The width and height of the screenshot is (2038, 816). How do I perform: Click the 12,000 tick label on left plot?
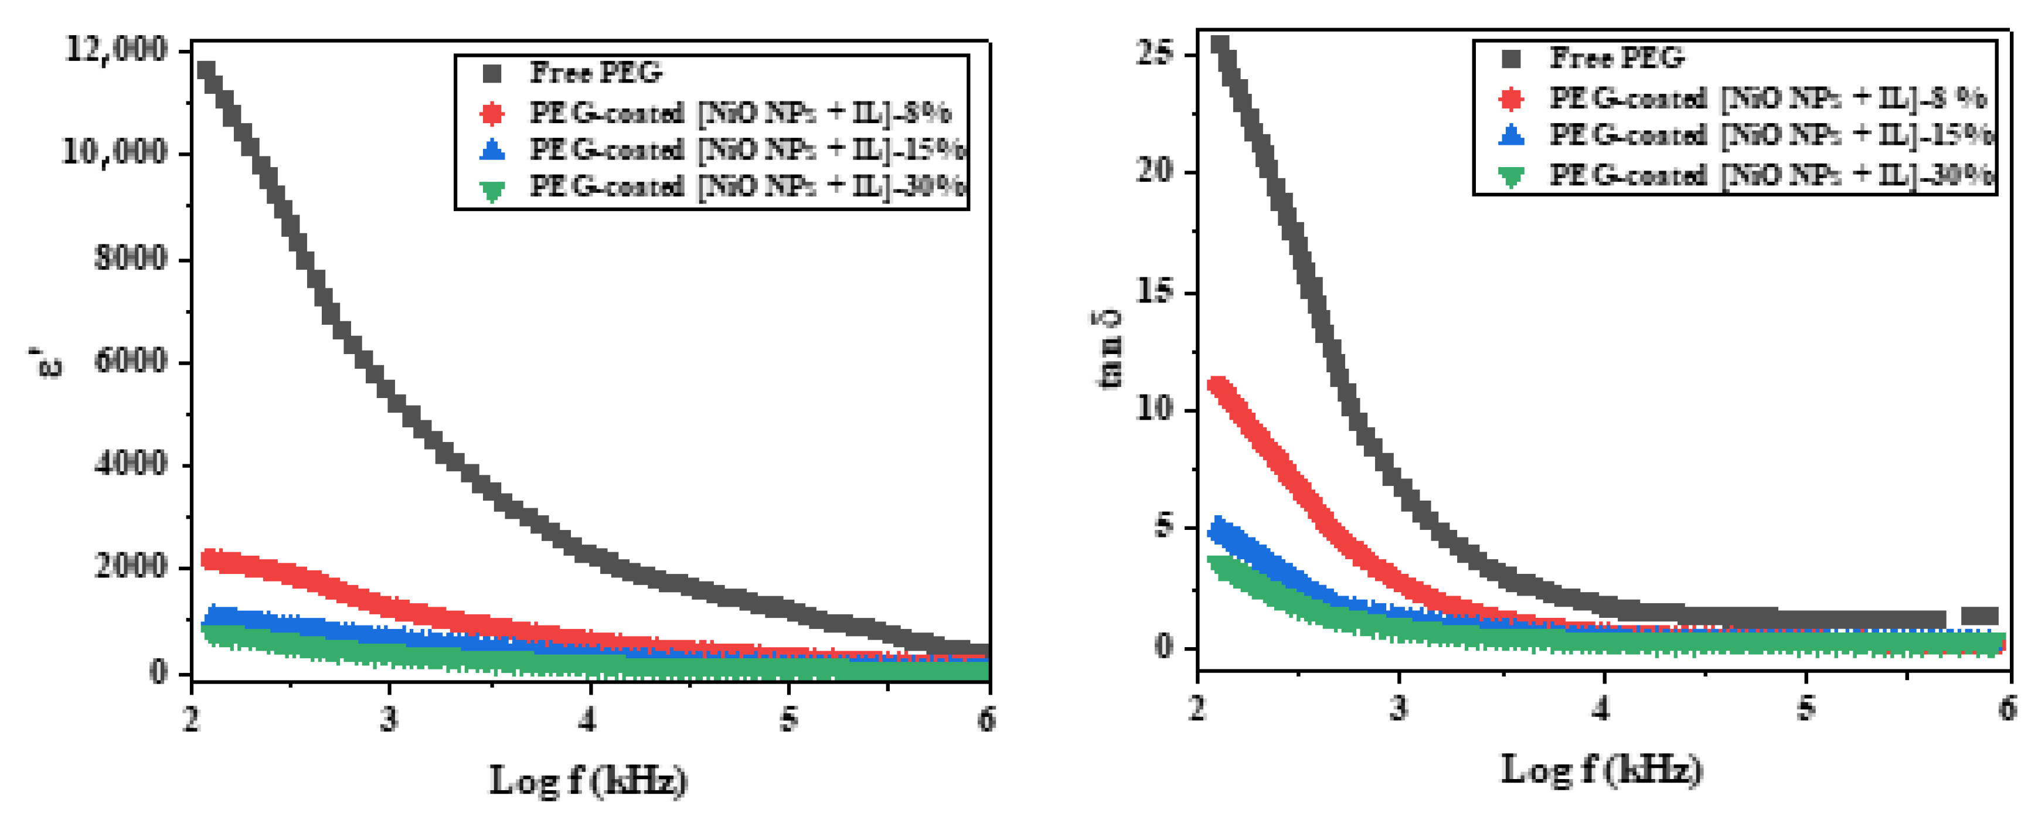[x=117, y=50]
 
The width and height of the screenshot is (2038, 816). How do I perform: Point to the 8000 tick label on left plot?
[x=131, y=258]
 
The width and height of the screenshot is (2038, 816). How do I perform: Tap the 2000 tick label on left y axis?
[x=131, y=565]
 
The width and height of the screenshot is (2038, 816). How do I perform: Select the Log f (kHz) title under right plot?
[x=1601, y=769]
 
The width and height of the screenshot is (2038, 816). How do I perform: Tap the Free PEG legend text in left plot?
[x=596, y=73]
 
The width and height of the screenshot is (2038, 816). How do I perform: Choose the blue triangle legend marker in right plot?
[x=1511, y=135]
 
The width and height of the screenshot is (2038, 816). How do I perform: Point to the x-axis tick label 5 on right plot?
[x=1805, y=708]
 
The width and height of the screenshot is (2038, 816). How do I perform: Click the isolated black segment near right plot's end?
[x=1979, y=617]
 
